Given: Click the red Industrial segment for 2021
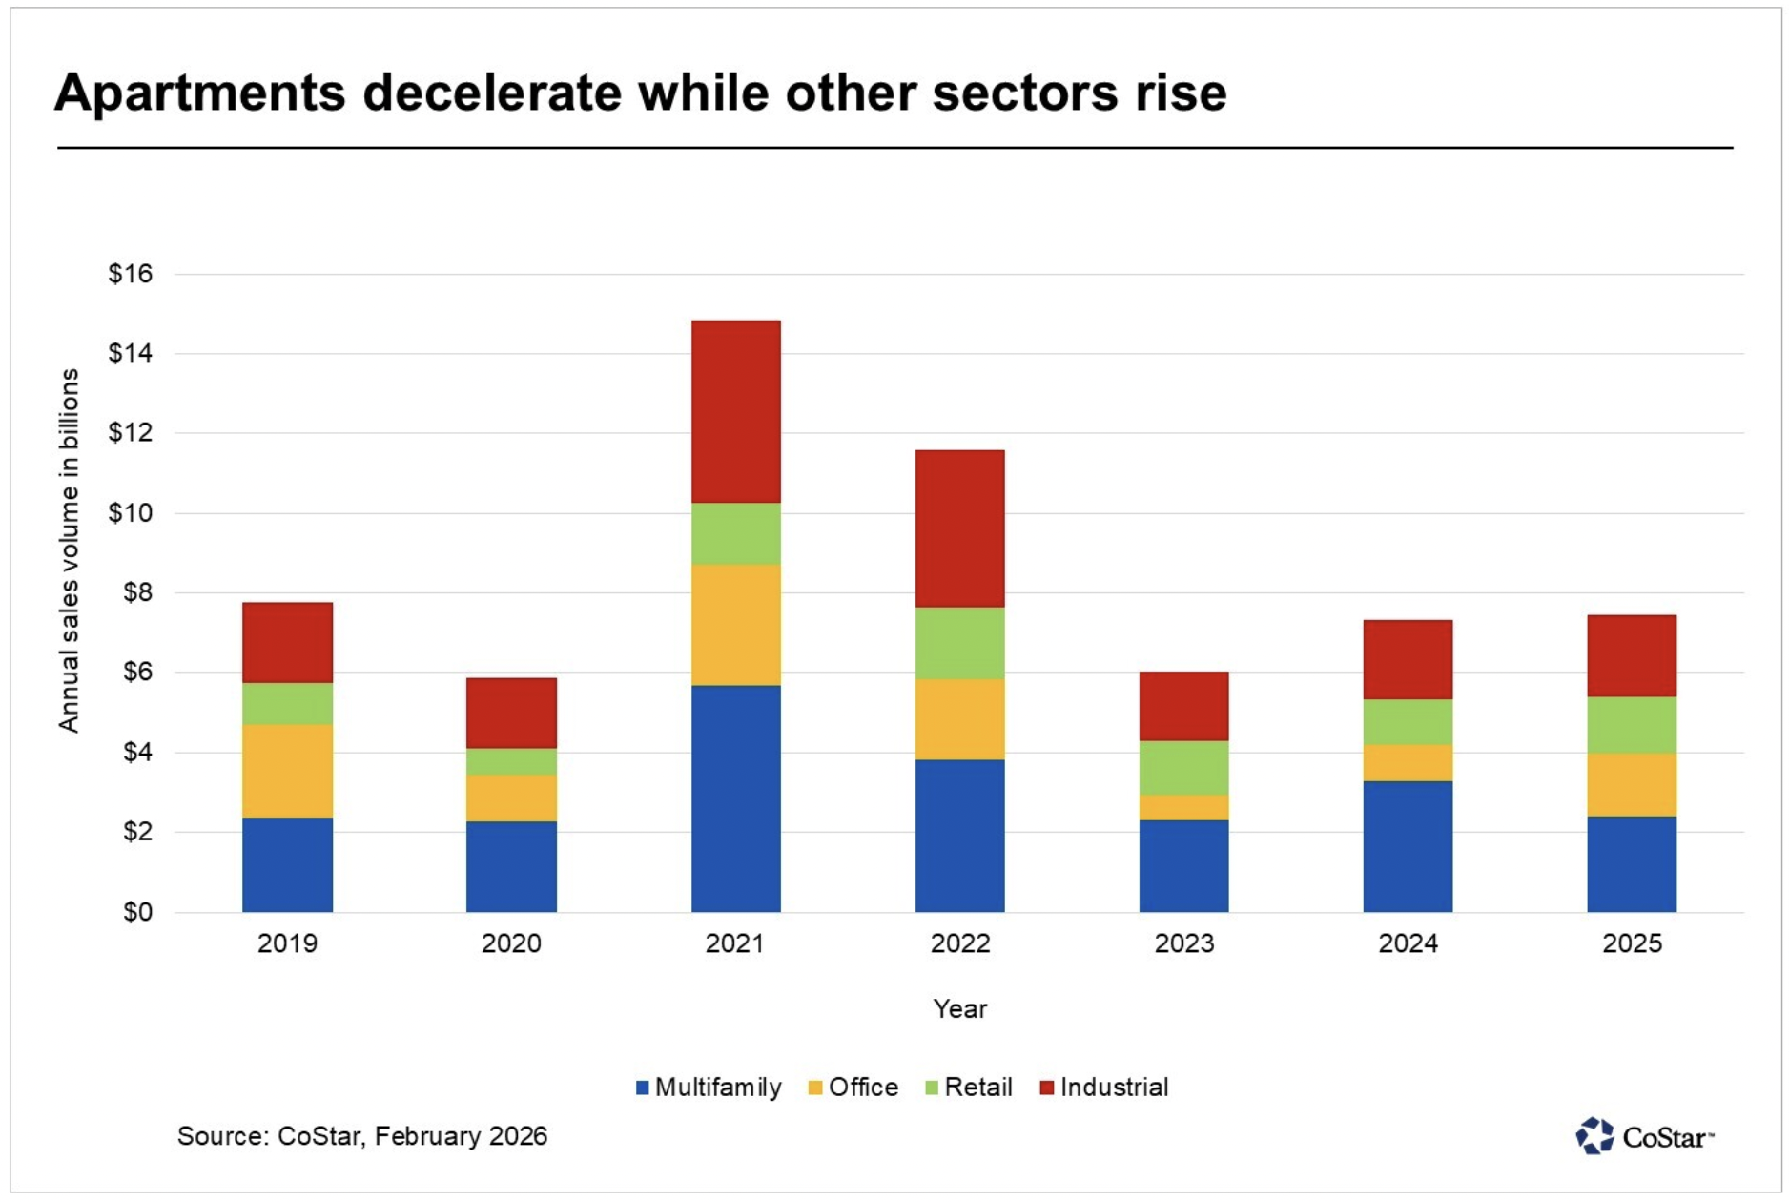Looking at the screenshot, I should [x=735, y=411].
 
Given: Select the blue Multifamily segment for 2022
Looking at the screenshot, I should [x=959, y=836].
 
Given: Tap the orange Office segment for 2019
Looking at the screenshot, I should [x=287, y=771].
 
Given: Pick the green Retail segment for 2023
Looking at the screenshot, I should [x=1183, y=768].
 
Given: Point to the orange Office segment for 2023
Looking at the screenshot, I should [x=1183, y=808].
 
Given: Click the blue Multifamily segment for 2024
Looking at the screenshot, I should [x=1408, y=846].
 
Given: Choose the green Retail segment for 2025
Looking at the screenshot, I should [x=1632, y=725].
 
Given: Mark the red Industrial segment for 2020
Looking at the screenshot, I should [x=511, y=713].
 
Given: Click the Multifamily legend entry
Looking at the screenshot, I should [x=709, y=1088].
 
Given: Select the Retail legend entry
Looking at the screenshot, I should [x=969, y=1088].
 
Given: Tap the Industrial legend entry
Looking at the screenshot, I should [x=1103, y=1088].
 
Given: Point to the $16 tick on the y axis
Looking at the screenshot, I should [x=131, y=275].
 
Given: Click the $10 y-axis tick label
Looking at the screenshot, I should [x=131, y=513].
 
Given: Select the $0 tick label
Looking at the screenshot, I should [x=137, y=912].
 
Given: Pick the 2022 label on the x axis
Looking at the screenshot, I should [x=959, y=943].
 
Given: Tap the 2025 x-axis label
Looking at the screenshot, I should [x=1632, y=943].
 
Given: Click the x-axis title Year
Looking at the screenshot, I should [x=959, y=1009].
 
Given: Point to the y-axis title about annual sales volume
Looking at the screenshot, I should [x=69, y=550].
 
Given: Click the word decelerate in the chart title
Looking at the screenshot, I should [x=491, y=93].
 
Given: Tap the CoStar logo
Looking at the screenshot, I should [x=1644, y=1136].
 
